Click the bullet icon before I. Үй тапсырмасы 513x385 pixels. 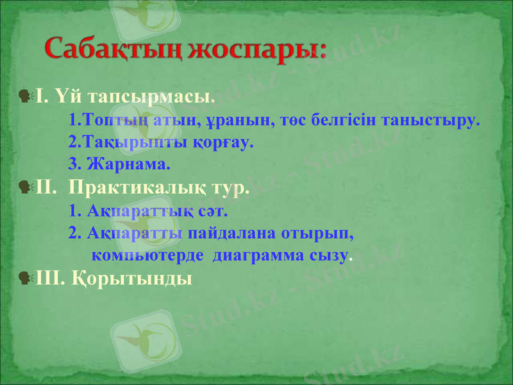point(25,96)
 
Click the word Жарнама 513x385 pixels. point(128,164)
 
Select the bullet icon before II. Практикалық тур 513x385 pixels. point(25,187)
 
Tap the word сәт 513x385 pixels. point(215,210)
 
